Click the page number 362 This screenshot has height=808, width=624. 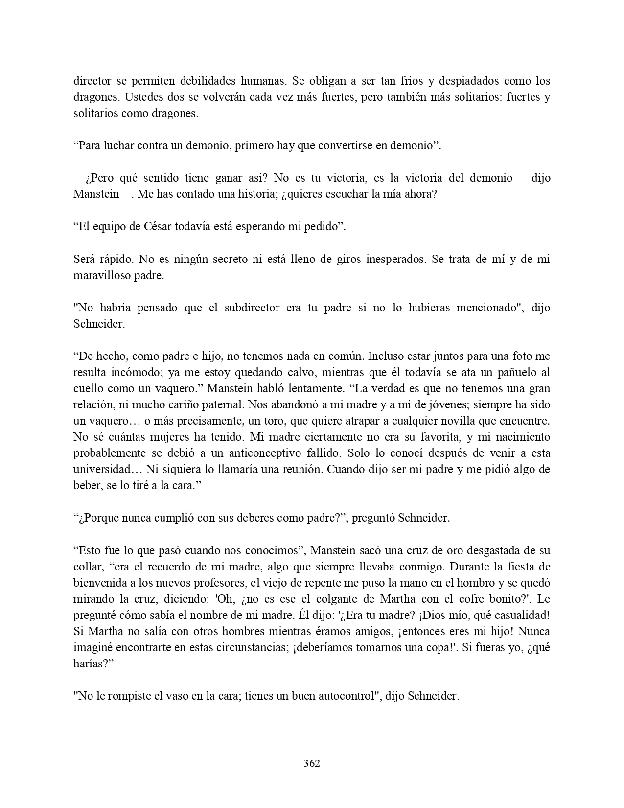tap(312, 763)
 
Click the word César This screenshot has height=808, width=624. tap(159, 226)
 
